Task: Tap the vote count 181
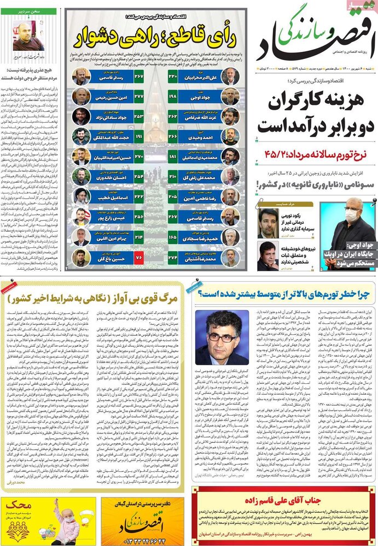[x=173, y=157]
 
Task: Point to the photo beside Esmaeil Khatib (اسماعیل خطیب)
[x=81, y=196]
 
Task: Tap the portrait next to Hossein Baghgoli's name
[x=81, y=257]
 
